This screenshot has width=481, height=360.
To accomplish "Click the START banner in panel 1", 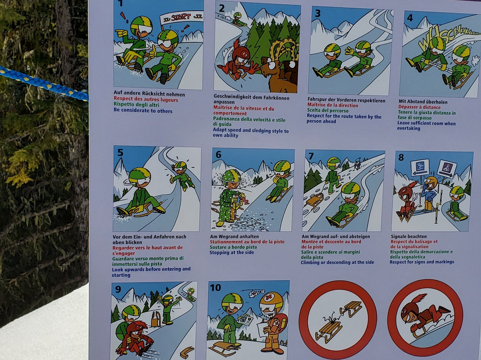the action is click(182, 17).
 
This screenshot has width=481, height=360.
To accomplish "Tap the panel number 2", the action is click(221, 8).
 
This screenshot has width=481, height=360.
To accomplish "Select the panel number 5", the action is click(120, 152).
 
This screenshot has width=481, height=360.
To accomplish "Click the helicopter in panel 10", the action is click(253, 293).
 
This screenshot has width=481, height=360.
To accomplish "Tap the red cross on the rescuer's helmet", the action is click(269, 298).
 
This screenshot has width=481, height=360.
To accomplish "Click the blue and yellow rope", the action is click(43, 83).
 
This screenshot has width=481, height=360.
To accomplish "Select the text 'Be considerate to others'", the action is click(143, 110).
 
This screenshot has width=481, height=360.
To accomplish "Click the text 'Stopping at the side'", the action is click(232, 253).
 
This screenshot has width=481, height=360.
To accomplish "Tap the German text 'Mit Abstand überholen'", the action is click(423, 102).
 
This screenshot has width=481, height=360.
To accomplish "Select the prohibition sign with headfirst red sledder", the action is click(425, 317).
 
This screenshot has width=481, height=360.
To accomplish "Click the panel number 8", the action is click(401, 157).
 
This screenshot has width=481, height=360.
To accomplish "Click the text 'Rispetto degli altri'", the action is click(133, 105).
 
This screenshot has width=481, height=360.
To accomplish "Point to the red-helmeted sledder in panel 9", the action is click(135, 338).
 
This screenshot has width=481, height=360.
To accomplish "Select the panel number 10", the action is click(215, 287).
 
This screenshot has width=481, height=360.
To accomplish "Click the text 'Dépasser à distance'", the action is click(420, 107).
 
